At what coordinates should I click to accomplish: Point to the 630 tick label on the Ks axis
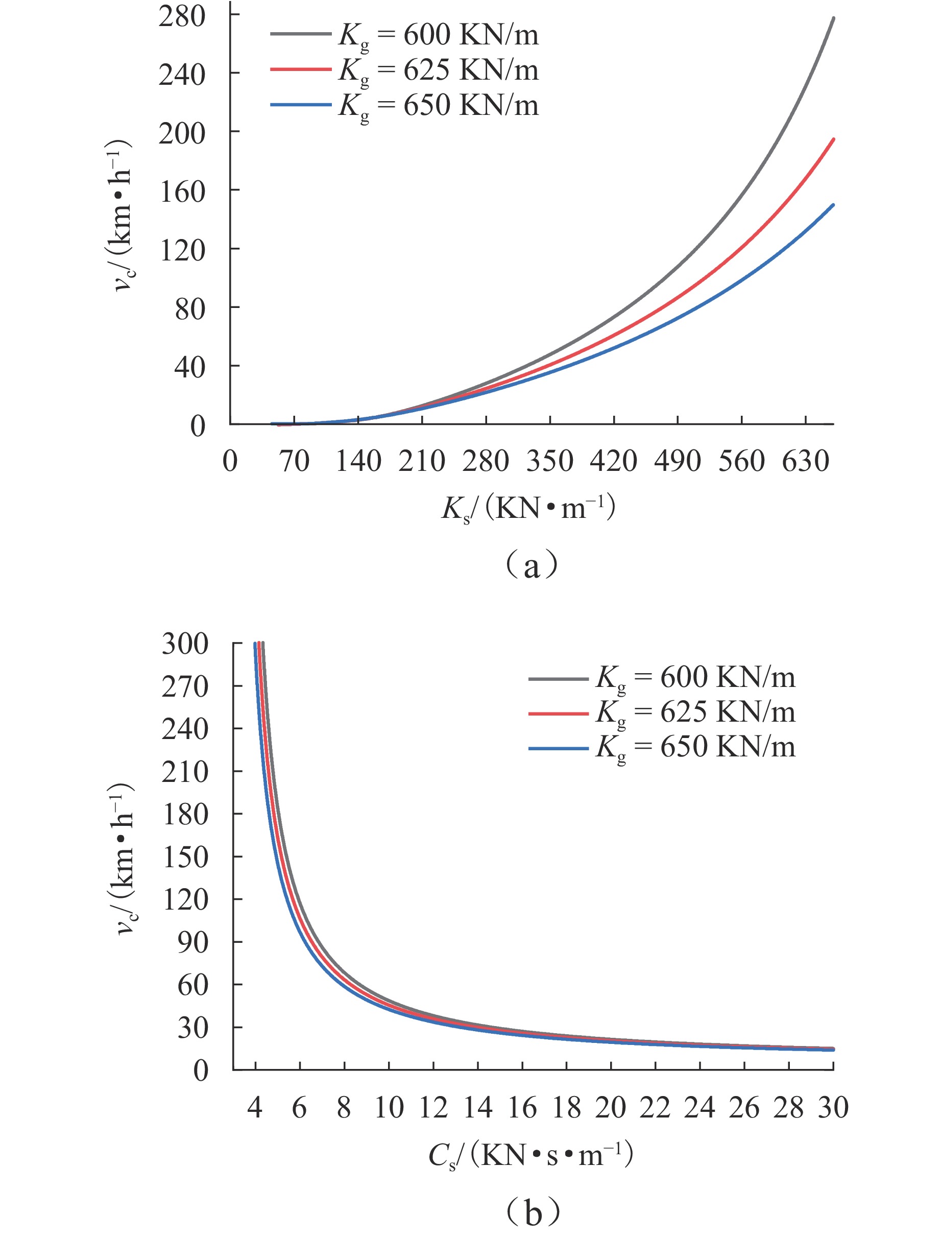click(806, 462)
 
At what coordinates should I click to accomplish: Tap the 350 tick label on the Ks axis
click(549, 462)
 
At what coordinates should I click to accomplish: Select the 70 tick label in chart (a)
click(294, 462)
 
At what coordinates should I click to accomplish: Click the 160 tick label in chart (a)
click(182, 192)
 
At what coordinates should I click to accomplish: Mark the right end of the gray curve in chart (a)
click(833, 18)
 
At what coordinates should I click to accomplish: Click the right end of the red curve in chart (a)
click(833, 139)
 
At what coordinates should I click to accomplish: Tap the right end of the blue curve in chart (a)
click(833, 205)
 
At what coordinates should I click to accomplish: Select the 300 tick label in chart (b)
click(185, 644)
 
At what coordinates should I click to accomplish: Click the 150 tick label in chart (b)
click(185, 857)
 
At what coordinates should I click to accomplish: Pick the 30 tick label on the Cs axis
click(833, 1108)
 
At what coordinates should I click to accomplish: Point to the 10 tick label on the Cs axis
click(389, 1108)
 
